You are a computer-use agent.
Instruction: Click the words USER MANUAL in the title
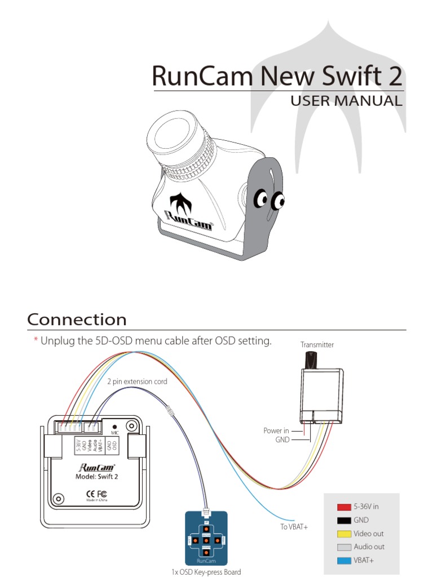point(346,101)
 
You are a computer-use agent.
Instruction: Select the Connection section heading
point(77,319)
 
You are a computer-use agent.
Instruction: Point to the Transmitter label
point(317,344)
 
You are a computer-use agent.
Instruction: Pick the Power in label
point(276,430)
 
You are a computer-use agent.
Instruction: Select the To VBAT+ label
point(294,526)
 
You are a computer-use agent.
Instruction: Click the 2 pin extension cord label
point(137,381)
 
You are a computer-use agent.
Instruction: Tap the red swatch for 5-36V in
point(344,507)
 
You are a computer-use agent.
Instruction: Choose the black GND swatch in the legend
point(344,520)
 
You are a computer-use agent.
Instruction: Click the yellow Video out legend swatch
point(344,534)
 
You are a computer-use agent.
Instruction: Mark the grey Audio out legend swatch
point(344,547)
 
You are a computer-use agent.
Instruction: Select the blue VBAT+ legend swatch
point(344,561)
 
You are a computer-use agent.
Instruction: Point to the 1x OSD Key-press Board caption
point(206,572)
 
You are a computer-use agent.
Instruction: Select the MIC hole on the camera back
point(114,428)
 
